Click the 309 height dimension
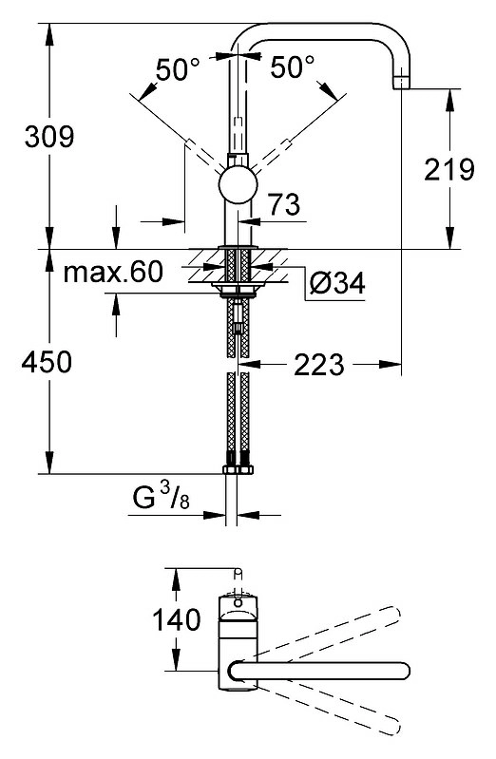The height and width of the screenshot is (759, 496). point(49,137)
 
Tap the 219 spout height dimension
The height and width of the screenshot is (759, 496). point(449,169)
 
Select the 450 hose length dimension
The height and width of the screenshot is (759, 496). point(47,362)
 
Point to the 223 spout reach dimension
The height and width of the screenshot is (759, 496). point(318,365)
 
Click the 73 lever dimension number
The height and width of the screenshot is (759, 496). point(284,204)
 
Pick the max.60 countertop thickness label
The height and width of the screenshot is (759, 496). point(113,272)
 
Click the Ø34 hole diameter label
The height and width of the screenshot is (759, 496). point(337,283)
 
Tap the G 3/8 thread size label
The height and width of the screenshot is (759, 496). point(162,497)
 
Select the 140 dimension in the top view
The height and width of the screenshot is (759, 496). point(177,620)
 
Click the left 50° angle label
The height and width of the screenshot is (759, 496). point(178,69)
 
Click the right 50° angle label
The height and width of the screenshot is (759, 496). point(292,66)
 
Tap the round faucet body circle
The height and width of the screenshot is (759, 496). point(238,184)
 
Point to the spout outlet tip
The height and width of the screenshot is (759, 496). point(402,84)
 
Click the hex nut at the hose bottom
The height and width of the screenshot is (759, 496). point(238,469)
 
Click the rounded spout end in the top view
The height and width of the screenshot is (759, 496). point(403,671)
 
